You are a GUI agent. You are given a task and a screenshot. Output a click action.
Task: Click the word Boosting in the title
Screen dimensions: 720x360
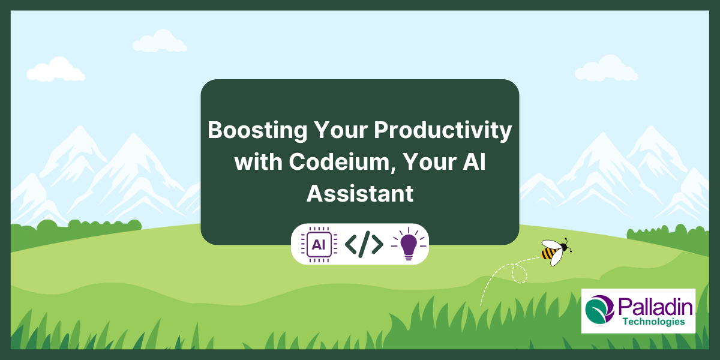[x=257, y=131]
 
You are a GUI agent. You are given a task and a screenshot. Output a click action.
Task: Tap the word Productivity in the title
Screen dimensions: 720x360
[x=443, y=131]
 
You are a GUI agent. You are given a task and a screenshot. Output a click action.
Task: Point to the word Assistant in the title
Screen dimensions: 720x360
[x=360, y=193]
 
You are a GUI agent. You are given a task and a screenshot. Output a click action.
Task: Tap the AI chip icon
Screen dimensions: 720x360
[x=319, y=245]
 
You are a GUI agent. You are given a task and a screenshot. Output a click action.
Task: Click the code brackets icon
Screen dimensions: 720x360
[x=364, y=244]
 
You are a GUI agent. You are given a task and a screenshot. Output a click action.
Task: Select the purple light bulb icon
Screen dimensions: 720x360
[x=409, y=244]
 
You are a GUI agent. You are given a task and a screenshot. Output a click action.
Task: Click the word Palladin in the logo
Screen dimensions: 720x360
[x=655, y=307]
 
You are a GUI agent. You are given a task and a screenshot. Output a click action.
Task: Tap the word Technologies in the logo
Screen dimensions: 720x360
[x=654, y=322]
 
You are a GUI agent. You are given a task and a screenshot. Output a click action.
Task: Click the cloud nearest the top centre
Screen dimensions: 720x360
[x=160, y=41]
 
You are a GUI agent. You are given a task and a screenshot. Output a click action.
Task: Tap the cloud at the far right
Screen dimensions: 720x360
[x=606, y=68]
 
